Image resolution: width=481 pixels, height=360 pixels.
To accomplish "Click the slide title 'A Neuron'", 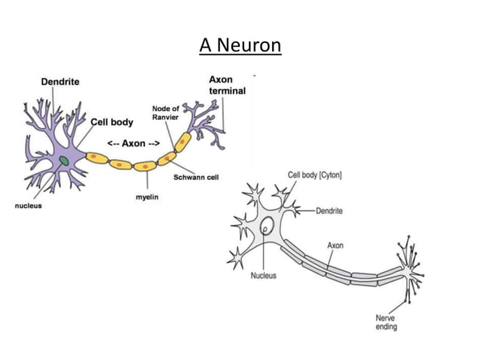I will tap(240, 46).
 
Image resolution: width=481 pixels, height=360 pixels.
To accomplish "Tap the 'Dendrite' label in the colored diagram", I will tap(60, 81).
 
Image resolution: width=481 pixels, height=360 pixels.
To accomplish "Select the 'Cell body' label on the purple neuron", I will tap(112, 122).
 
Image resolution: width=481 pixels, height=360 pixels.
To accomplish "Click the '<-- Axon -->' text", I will tap(133, 143).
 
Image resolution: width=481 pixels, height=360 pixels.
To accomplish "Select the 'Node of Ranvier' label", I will tap(165, 113).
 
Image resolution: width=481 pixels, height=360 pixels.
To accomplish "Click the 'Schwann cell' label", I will tap(196, 178).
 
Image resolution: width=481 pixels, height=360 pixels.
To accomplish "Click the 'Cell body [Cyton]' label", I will tap(314, 175).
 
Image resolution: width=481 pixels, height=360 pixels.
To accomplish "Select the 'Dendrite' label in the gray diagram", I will tap(328, 211).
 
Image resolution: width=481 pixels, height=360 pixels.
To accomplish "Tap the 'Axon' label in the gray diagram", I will tap(335, 246).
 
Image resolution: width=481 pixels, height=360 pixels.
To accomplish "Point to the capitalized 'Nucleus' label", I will tap(263, 276).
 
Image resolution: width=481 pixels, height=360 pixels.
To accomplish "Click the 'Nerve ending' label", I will tap(386, 322).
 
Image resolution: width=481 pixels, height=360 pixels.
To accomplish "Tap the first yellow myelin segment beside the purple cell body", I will tap(96, 158).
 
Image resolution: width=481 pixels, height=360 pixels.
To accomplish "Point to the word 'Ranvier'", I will tap(165, 117).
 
